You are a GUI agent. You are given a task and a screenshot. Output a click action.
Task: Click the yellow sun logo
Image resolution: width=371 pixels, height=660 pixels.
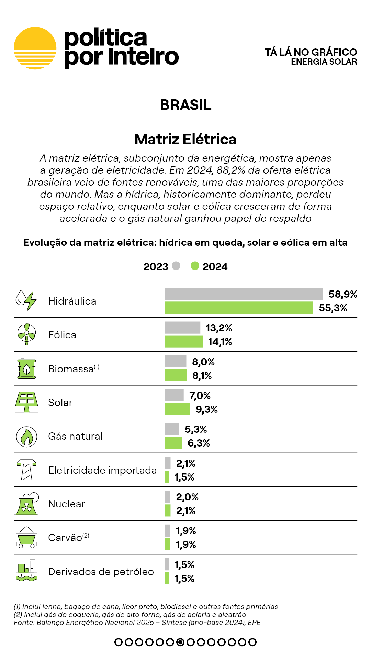pos(35,48)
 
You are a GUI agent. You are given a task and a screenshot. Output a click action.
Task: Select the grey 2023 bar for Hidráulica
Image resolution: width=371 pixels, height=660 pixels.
pos(244,294)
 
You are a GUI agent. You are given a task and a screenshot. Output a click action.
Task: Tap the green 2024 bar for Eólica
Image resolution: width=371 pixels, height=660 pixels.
pos(183,342)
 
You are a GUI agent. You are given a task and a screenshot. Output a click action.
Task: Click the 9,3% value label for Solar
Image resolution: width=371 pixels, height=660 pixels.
pos(207,409)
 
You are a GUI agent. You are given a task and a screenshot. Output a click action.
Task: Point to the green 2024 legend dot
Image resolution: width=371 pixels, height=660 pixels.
pos(195,266)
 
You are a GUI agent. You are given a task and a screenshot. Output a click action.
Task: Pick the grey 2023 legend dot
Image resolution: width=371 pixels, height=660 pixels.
pos(176,266)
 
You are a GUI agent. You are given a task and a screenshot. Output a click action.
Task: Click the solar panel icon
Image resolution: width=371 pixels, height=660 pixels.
pos(26,402)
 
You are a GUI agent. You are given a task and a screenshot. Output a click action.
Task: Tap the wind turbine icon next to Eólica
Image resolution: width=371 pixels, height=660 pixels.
pos(26,334)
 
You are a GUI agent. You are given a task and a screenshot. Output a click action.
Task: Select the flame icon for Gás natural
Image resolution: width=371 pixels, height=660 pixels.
pos(26,437)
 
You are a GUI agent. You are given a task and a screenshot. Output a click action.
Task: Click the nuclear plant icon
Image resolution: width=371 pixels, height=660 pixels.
pos(26,504)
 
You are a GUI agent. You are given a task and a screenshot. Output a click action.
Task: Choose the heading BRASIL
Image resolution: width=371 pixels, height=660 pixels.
pos(185,105)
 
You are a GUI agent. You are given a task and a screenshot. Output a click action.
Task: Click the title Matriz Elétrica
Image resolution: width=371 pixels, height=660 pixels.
pos(185,140)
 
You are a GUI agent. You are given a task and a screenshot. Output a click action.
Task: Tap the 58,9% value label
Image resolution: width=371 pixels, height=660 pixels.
pos(343,294)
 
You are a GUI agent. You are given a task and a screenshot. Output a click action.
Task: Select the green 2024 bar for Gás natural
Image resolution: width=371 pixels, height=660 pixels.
pos(173,443)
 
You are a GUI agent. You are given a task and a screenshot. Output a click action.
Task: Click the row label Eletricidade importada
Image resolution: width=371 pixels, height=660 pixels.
pos(102,470)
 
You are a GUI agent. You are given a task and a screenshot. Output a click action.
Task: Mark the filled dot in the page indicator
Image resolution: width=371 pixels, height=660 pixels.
pos(180,642)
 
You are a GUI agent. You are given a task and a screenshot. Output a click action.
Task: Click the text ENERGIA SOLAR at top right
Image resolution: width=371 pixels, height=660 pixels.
pos(324,62)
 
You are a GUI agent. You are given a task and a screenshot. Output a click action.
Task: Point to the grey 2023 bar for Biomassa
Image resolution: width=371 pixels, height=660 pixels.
pos(176,362)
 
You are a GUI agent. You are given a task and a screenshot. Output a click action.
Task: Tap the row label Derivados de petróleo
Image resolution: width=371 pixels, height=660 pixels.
pos(101,572)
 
